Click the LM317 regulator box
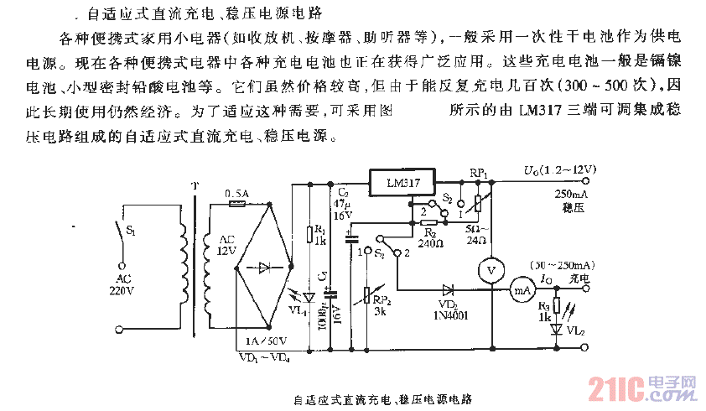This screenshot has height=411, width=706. (x=400, y=182)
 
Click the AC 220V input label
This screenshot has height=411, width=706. (x=122, y=285)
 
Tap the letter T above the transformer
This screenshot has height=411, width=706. (x=195, y=186)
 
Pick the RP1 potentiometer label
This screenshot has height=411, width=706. (x=479, y=172)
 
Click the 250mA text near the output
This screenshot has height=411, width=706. (x=569, y=194)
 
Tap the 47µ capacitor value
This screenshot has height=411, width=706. (x=339, y=204)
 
